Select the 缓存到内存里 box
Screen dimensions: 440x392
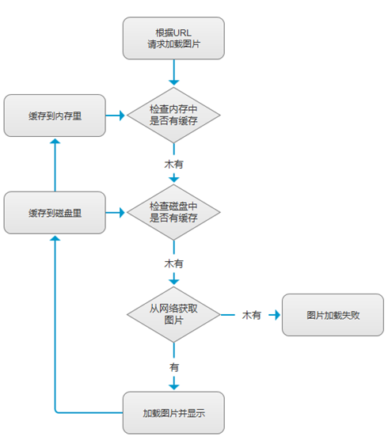[55, 116]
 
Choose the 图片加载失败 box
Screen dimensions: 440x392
[333, 315]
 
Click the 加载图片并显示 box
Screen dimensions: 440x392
[173, 412]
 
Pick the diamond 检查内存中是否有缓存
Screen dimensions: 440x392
[173, 116]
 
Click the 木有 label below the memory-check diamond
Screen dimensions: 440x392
[173, 165]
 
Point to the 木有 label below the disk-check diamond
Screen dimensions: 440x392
[173, 262]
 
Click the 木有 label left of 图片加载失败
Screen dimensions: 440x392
[252, 315]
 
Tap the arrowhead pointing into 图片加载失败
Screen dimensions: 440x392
[276, 315]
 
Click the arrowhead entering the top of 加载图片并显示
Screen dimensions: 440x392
[173, 386]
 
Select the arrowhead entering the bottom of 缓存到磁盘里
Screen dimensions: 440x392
[55, 238]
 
